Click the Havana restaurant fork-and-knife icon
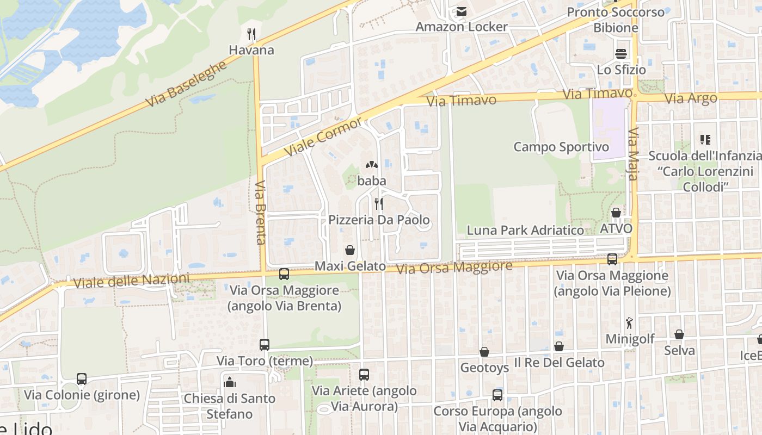point(251,34)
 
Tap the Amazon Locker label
point(462,26)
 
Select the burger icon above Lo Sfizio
point(621,53)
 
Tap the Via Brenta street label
point(260,213)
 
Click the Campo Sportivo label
point(561,147)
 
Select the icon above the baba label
point(372,164)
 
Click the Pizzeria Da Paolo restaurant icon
point(379,204)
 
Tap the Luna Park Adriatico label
point(525,230)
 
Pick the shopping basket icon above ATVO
point(616,213)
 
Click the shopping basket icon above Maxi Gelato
point(350,250)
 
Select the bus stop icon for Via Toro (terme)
point(265,344)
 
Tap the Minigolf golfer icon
point(630,323)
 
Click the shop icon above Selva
point(679,334)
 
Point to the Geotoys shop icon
point(484,352)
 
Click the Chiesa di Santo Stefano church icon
point(230,382)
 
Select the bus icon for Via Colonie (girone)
point(82,378)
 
